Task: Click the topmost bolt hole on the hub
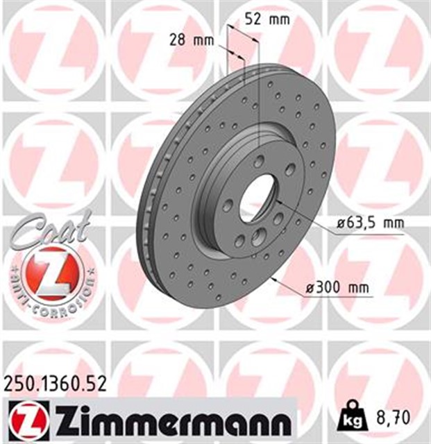coord(259,161)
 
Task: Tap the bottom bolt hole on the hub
coord(239,241)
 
